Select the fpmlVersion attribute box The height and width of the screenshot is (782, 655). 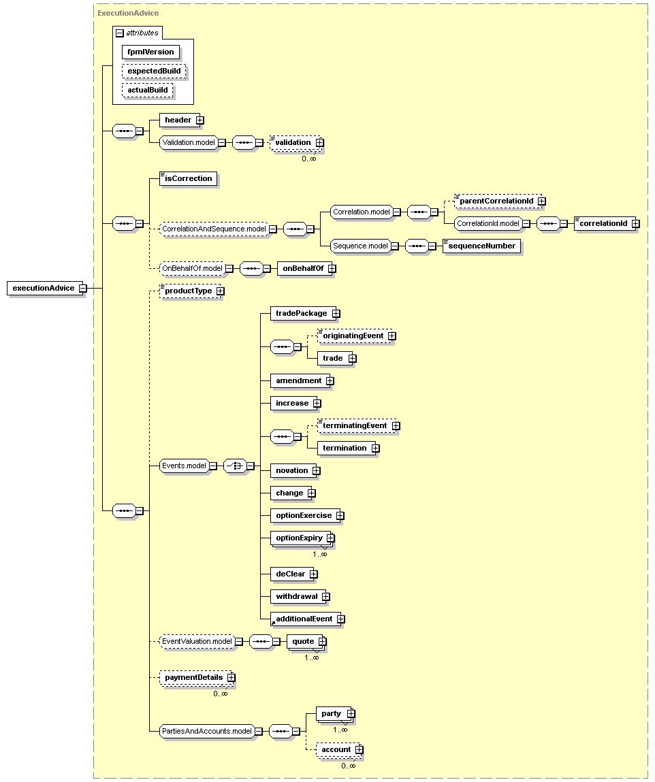click(150, 52)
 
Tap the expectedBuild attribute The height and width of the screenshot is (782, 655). click(154, 71)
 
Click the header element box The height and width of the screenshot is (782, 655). click(179, 120)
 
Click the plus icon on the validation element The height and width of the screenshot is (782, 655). click(320, 143)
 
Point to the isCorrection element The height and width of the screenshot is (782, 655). click(188, 178)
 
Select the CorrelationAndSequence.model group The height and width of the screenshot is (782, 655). click(214, 229)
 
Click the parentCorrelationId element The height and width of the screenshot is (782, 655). click(497, 201)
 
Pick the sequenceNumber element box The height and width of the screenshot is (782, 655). click(482, 246)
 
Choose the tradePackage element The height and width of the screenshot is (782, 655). click(302, 313)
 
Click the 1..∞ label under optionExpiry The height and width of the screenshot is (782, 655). click(320, 554)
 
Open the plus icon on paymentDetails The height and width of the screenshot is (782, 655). click(231, 678)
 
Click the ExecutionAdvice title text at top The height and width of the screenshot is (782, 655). click(128, 13)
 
